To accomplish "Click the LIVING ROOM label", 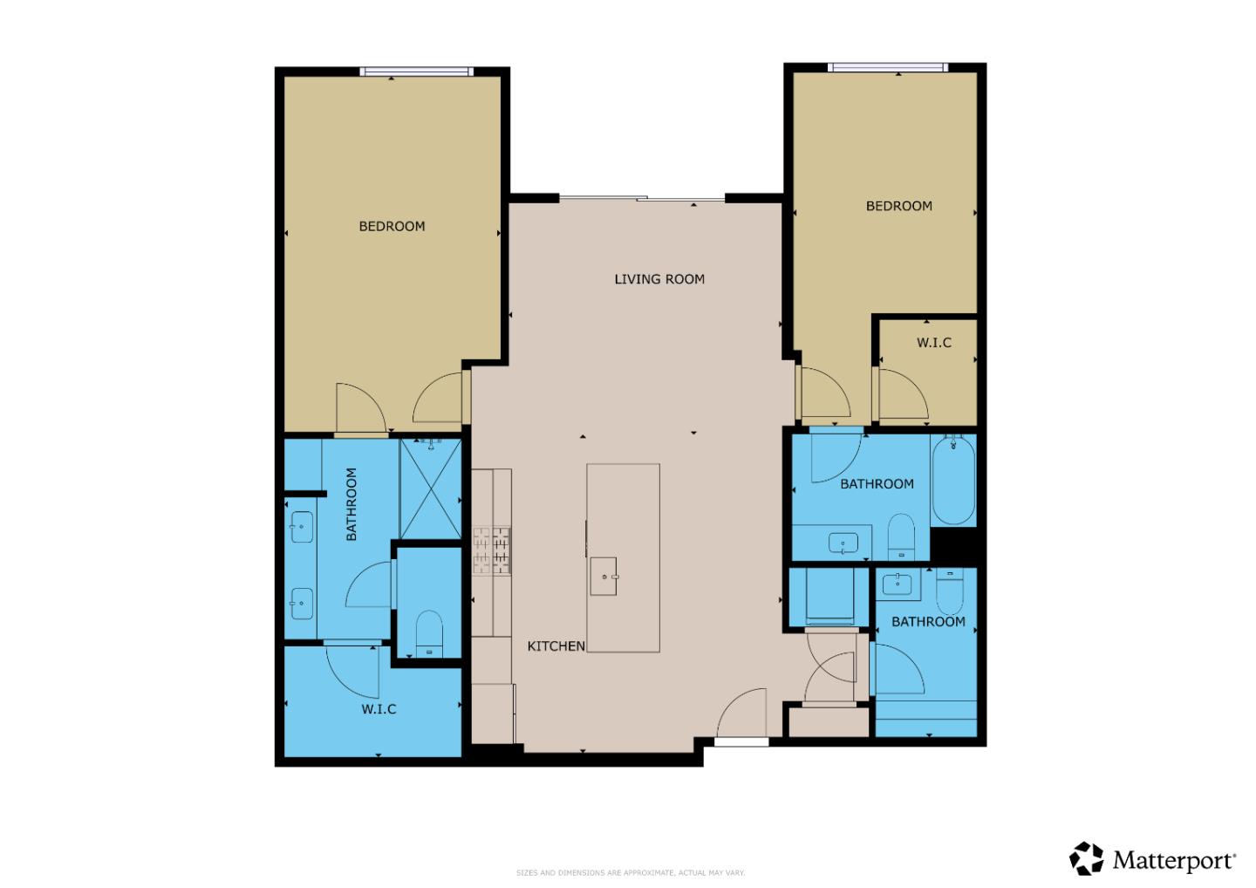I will tap(659, 279).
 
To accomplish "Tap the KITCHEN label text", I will tap(556, 646).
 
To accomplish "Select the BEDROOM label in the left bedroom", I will tap(392, 226).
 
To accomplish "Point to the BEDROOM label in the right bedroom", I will tap(898, 206).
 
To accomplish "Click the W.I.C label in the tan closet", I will tap(933, 343).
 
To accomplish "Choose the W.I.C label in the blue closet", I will tap(379, 709).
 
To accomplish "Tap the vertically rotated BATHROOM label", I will tap(352, 504).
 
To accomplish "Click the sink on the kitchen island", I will tap(604, 577).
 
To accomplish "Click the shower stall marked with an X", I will tap(430, 489).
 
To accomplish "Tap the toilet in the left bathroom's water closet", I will tap(429, 632).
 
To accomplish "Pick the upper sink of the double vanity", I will tap(302, 527).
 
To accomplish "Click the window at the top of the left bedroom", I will tap(417, 72).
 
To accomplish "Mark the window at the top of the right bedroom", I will tap(887, 67).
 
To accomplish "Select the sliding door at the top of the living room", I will tap(642, 199).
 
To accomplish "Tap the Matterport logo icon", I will tap(1087, 858).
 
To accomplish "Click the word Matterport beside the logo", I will tap(1174, 861).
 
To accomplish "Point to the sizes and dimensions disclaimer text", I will tap(631, 872).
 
